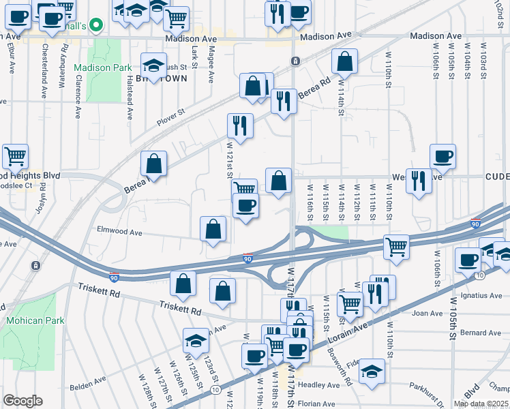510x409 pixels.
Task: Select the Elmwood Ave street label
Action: pyautogui.click(x=119, y=232)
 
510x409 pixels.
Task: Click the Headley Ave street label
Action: pyautogui.click(x=323, y=385)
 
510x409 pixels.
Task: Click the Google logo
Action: pyautogui.click(x=22, y=401)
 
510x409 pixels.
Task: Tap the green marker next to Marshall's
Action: pyautogui.click(x=96, y=26)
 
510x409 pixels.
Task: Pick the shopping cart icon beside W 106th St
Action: pyautogui.click(x=395, y=247)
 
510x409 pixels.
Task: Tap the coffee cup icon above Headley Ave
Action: pyautogui.click(x=296, y=350)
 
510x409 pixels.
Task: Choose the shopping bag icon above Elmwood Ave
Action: pyautogui.click(x=213, y=228)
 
